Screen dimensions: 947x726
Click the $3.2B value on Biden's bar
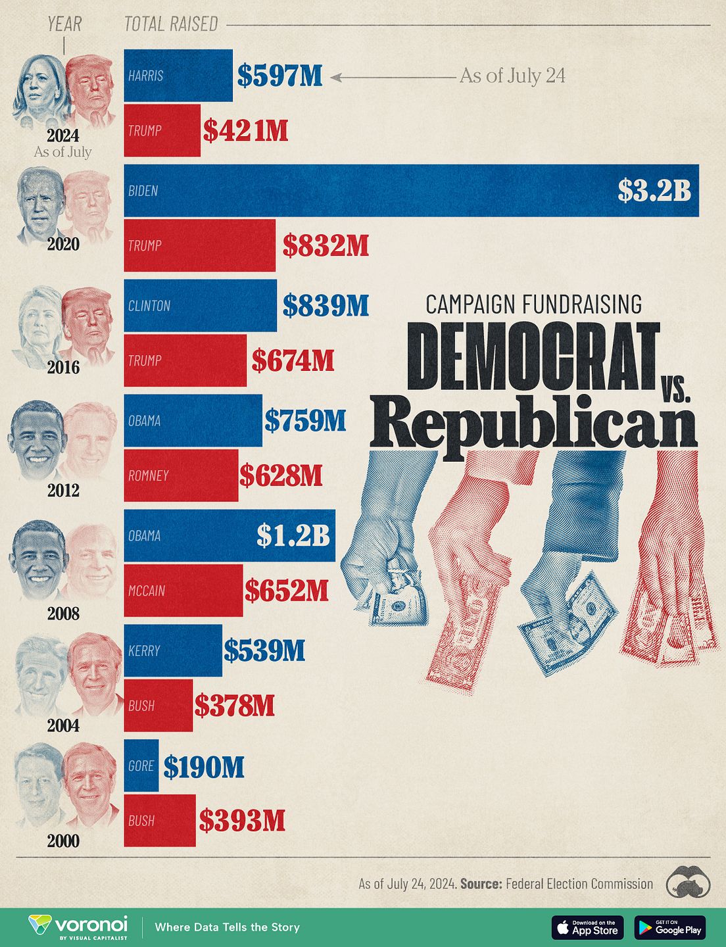pos(654,190)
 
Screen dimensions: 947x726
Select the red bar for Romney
pos(181,475)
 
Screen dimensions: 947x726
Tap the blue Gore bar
pos(141,765)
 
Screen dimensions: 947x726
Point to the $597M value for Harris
pos(280,76)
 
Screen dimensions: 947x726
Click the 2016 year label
pos(63,367)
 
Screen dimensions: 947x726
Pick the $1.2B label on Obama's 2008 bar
pos(293,535)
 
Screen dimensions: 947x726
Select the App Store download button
pos(587,927)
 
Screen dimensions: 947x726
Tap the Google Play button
pos(669,927)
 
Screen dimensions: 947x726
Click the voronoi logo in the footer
pos(78,927)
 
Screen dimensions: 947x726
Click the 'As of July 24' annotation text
pos(512,76)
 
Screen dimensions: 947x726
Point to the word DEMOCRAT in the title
pos(533,356)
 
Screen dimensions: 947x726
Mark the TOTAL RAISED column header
pos(171,24)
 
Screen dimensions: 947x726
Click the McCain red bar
pos(183,591)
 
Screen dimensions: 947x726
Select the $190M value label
pos(204,767)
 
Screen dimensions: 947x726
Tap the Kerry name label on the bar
pos(144,650)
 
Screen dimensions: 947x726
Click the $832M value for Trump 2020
pos(326,245)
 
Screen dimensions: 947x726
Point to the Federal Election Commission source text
pos(579,884)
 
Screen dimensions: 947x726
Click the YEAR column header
pos(64,24)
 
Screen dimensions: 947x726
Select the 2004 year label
pos(63,725)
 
